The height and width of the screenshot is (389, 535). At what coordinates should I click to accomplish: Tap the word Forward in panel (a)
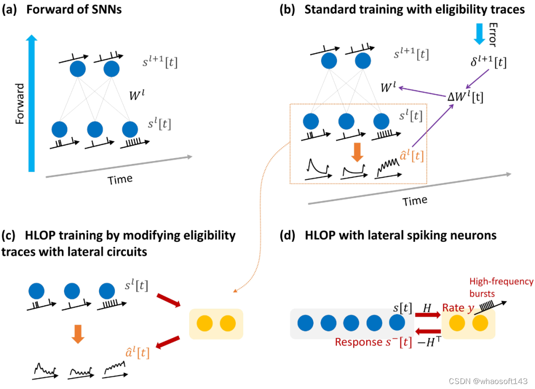point(19,104)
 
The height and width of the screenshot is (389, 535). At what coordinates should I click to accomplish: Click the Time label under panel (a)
point(120,179)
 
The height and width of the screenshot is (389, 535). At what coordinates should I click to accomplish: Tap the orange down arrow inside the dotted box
point(356,151)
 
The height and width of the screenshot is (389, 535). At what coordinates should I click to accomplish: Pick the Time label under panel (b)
point(415,201)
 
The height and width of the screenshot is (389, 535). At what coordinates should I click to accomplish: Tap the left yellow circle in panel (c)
point(205,324)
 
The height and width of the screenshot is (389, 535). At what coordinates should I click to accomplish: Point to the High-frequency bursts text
point(508,287)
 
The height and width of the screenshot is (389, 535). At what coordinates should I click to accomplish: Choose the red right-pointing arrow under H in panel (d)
point(428,314)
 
